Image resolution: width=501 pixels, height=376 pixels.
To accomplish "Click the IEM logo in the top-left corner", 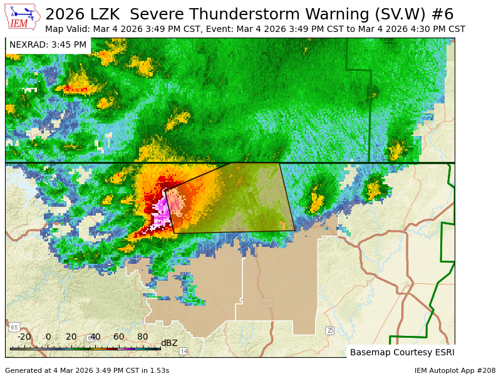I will coord(23,16).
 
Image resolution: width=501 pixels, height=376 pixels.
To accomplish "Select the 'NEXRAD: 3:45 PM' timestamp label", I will coord(48,45).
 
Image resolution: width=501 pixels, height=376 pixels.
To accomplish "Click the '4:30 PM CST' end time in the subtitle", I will coord(438,29).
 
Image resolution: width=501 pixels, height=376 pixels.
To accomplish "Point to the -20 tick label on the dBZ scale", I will coord(24,337).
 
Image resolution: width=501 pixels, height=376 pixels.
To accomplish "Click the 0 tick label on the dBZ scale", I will coord(48,337).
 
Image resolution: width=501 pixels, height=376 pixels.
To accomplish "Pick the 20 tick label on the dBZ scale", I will coord(71,337).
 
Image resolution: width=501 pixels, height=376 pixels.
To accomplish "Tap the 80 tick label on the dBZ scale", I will coord(142,337).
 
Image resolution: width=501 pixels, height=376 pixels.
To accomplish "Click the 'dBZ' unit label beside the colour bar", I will coord(169,343).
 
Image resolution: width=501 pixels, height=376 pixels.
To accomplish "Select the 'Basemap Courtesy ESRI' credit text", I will coord(401,352).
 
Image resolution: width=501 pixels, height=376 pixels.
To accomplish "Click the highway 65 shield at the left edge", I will coord(14,327).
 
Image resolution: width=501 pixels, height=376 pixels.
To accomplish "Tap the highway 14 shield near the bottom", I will coord(183,351).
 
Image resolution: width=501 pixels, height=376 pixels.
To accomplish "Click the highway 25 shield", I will coord(330,330).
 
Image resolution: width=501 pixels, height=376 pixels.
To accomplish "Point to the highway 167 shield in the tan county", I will coord(267,304).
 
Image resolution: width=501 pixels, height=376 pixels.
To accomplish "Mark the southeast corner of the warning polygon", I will coord(295,231).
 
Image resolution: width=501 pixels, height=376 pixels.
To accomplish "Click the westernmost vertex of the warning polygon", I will coord(164,190).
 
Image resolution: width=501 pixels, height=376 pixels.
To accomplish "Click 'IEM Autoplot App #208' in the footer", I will coord(455,370).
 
